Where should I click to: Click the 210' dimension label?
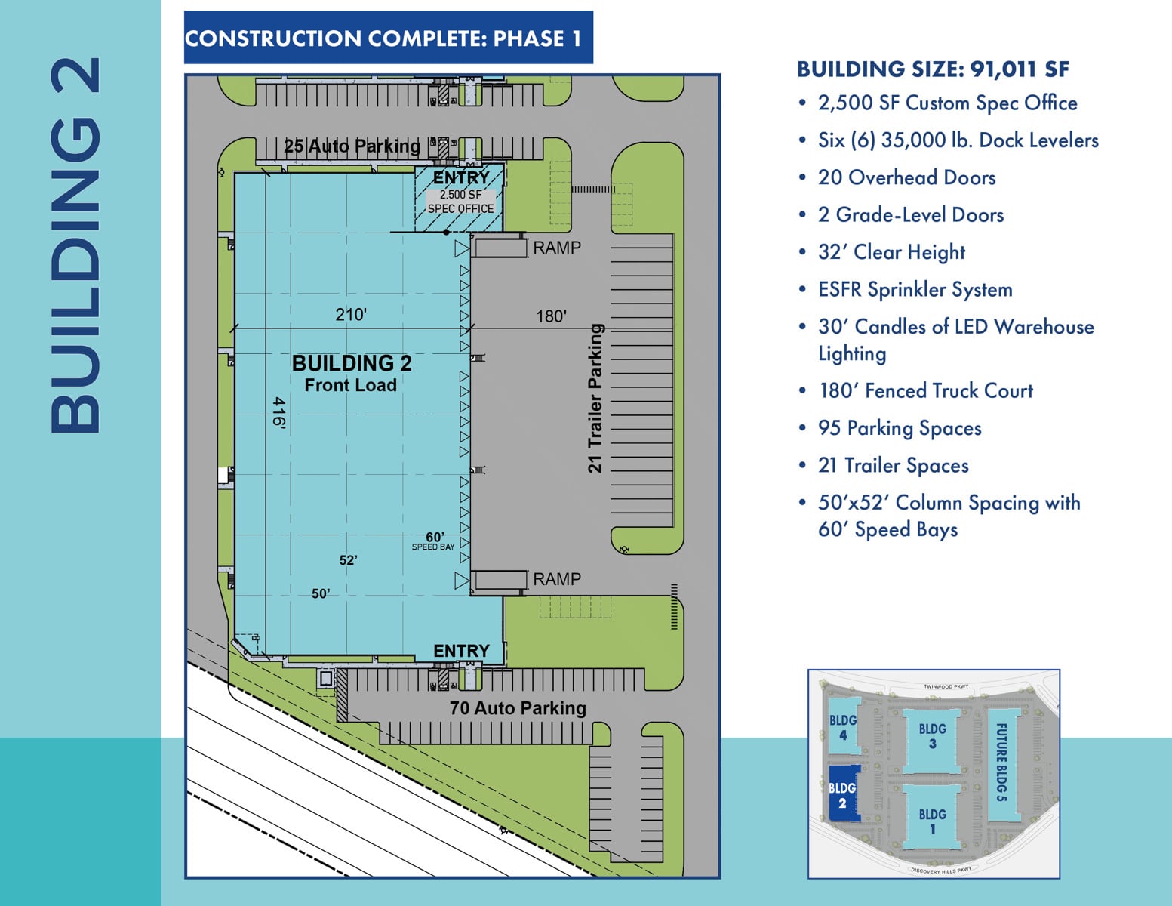[351, 314]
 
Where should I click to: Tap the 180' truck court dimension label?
[551, 316]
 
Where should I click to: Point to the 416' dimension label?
[278, 413]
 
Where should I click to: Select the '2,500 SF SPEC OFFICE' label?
[460, 202]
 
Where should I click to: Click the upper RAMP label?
[557, 248]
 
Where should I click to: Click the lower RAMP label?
[557, 579]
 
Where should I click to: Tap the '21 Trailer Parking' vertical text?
[595, 398]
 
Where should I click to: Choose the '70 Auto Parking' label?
[518, 707]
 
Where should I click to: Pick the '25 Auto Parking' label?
[352, 146]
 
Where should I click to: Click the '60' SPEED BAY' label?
[433, 541]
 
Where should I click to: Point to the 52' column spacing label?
[348, 560]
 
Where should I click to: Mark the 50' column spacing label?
[321, 593]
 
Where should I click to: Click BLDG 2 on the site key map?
[842, 795]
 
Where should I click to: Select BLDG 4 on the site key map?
[842, 727]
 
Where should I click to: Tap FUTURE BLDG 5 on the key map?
[1001, 762]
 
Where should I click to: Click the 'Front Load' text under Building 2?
[351, 385]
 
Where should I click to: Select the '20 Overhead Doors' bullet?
[906, 177]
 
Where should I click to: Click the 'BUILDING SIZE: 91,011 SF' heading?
[933, 69]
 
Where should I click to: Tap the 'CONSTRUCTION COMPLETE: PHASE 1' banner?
[389, 37]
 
